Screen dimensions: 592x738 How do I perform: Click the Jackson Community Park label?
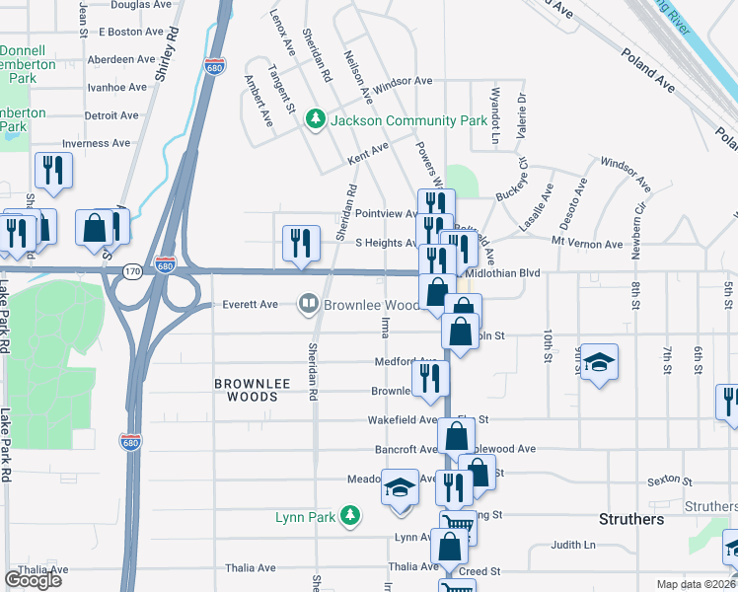point(408,120)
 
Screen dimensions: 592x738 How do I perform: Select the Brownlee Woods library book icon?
point(310,304)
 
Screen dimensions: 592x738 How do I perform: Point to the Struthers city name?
point(631,519)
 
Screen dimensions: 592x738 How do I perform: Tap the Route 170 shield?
point(130,268)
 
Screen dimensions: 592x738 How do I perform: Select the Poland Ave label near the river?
point(647,70)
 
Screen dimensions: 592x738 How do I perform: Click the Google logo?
point(34,580)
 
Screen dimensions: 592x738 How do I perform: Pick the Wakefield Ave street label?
point(402,419)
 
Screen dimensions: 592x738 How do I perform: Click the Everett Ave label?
point(250,304)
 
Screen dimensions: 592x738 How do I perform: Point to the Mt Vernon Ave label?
point(587,243)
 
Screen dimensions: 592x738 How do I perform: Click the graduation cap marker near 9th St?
point(599,362)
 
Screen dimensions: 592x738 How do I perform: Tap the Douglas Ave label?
point(143,5)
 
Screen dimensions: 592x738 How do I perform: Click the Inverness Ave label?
point(96,143)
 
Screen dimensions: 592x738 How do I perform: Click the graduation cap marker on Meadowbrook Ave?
point(400,489)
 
